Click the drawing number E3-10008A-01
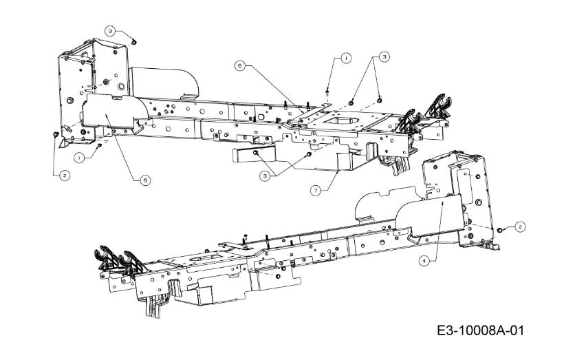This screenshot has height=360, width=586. [481, 330]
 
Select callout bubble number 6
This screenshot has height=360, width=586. [240, 66]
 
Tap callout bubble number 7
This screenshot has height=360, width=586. [316, 191]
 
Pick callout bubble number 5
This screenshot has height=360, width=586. [145, 180]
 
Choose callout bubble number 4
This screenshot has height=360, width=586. [424, 261]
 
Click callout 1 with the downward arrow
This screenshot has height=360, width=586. [346, 59]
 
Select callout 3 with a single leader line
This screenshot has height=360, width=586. [109, 31]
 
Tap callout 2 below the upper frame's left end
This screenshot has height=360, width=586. [65, 176]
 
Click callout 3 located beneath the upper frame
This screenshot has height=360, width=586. [265, 176]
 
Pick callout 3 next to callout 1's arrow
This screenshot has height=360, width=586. [383, 57]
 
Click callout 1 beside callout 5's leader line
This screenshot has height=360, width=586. [79, 158]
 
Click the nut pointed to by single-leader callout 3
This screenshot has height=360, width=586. [134, 42]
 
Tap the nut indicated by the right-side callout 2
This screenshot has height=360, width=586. [499, 230]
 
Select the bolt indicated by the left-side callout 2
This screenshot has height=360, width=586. [56, 134]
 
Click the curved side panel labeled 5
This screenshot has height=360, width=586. [112, 112]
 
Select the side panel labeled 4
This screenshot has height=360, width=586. [430, 216]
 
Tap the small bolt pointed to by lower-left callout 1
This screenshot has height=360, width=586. [100, 145]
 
